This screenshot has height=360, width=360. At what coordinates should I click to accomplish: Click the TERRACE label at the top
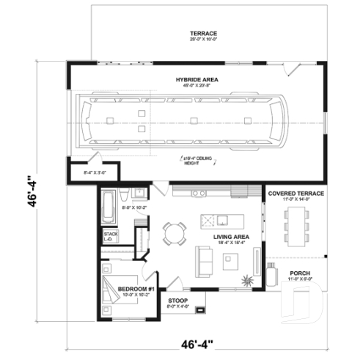203,34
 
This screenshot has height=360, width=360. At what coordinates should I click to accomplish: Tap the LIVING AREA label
231,237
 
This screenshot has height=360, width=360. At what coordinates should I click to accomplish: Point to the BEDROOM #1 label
135,288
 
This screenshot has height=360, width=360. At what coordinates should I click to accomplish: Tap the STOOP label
178,301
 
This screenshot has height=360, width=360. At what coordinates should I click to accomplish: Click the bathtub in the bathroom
108,201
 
